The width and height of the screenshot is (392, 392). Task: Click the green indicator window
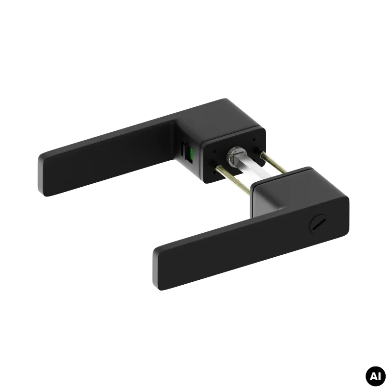pyautogui.click(x=192, y=154)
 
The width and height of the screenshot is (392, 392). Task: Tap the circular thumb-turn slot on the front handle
pyautogui.click(x=318, y=224)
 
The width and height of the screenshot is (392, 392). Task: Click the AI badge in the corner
pyautogui.click(x=375, y=376)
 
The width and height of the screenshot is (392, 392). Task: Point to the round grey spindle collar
pyautogui.click(x=236, y=154)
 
